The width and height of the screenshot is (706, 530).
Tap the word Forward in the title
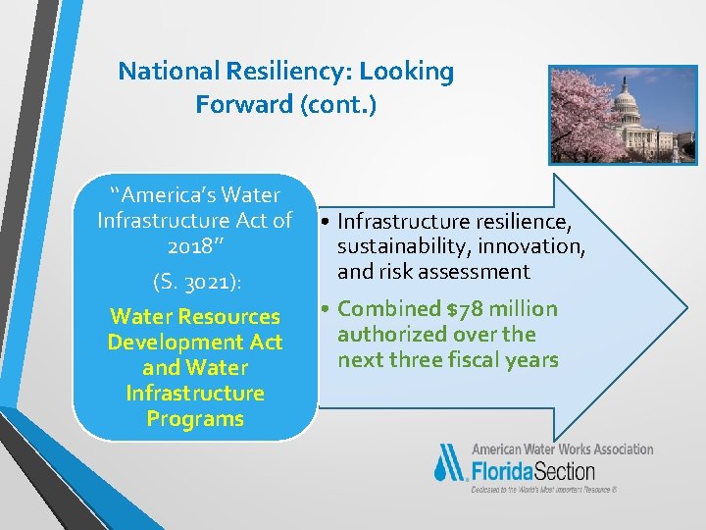point(238,104)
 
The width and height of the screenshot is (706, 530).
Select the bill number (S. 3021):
point(197,283)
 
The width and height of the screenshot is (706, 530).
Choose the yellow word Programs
point(195,419)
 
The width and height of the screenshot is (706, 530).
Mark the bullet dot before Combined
point(327,310)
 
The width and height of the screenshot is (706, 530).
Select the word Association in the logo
point(618,449)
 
